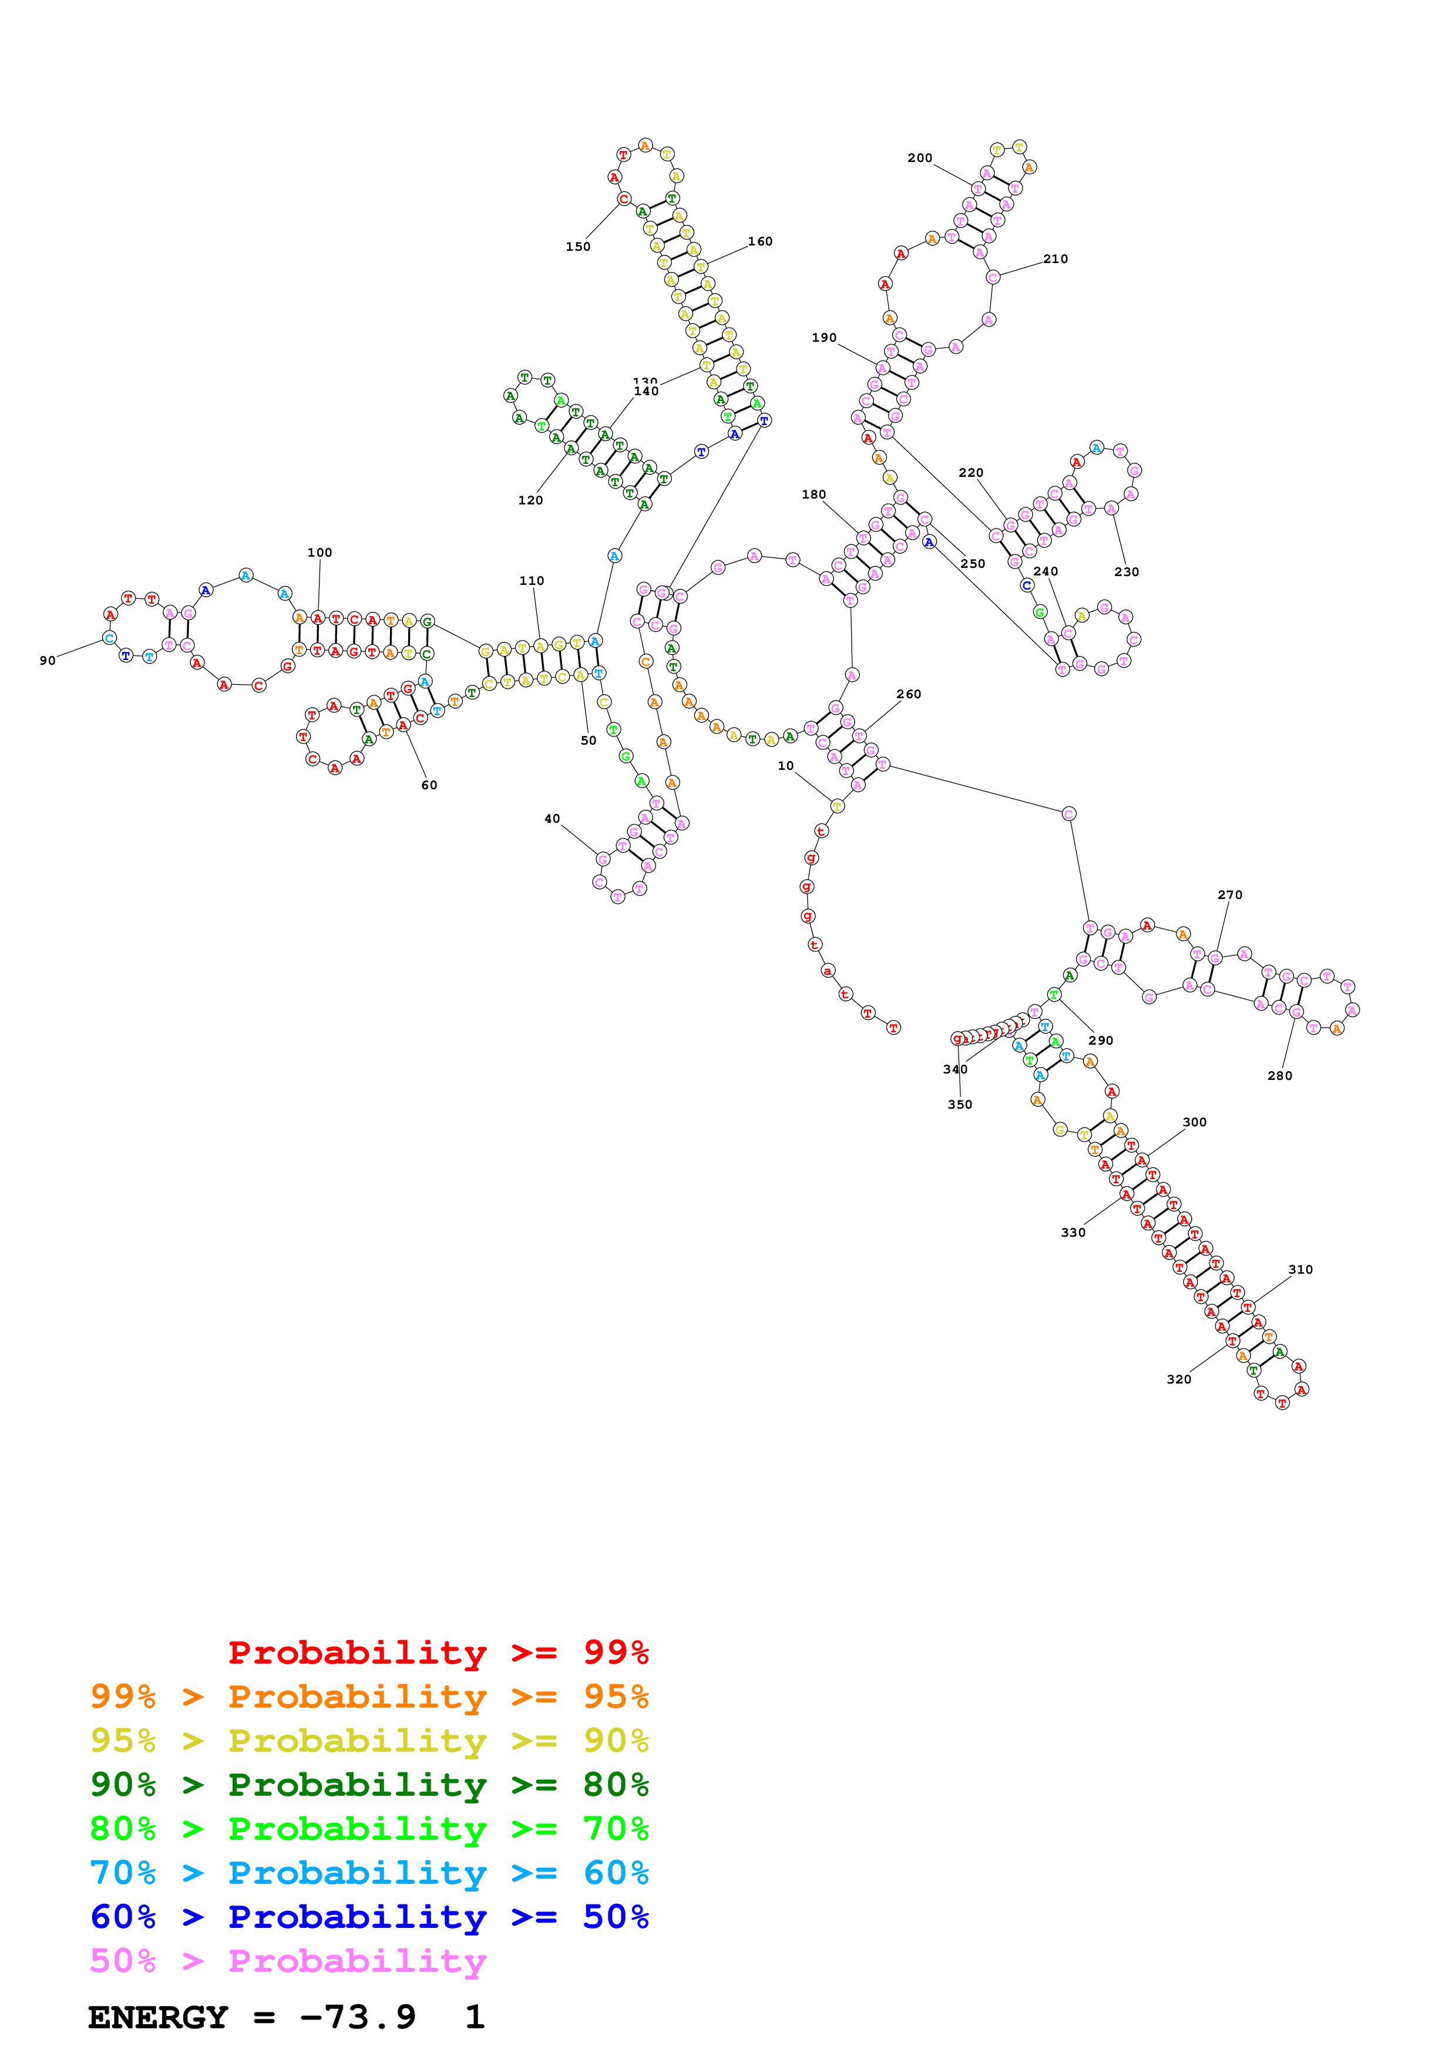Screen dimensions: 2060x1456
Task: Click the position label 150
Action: pos(578,247)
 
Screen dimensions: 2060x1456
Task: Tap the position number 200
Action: pos(920,158)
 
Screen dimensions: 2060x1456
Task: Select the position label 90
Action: pos(48,661)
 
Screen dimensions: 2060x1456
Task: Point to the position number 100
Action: pos(320,553)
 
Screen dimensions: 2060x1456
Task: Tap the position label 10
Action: pos(786,765)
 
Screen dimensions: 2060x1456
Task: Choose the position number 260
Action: pos(909,694)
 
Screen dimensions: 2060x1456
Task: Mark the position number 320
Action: pos(1179,1379)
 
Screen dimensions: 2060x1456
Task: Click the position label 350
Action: pos(960,1105)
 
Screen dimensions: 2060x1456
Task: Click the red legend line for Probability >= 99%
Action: pos(438,1652)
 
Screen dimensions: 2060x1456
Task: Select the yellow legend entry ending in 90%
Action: pos(369,1741)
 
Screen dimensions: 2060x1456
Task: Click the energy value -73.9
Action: pos(358,2017)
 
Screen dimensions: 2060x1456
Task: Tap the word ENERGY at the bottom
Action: pos(158,2017)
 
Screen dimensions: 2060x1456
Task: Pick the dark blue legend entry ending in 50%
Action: pos(369,1917)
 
